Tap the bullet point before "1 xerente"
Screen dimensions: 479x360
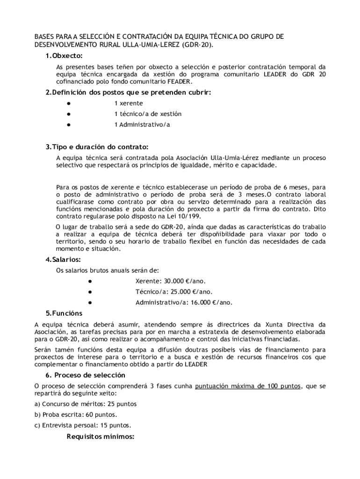pyautogui.click(x=68, y=103)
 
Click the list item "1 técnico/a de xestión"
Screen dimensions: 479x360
pyautogui.click(x=148, y=114)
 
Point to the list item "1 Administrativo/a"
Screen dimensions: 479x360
pyautogui.click(x=142, y=124)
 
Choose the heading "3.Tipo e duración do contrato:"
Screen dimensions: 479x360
pyautogui.click(x=97, y=147)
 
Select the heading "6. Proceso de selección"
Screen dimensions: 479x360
pyautogui.click(x=85, y=375)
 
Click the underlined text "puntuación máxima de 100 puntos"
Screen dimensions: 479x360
pyautogui.click(x=248, y=386)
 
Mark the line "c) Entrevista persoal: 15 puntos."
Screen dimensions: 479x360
pyautogui.click(x=83, y=425)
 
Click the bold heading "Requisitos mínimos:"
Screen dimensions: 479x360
pyautogui.click(x=101, y=436)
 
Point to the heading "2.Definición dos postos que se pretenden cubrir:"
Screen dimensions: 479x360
pyautogui.click(x=129, y=92)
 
